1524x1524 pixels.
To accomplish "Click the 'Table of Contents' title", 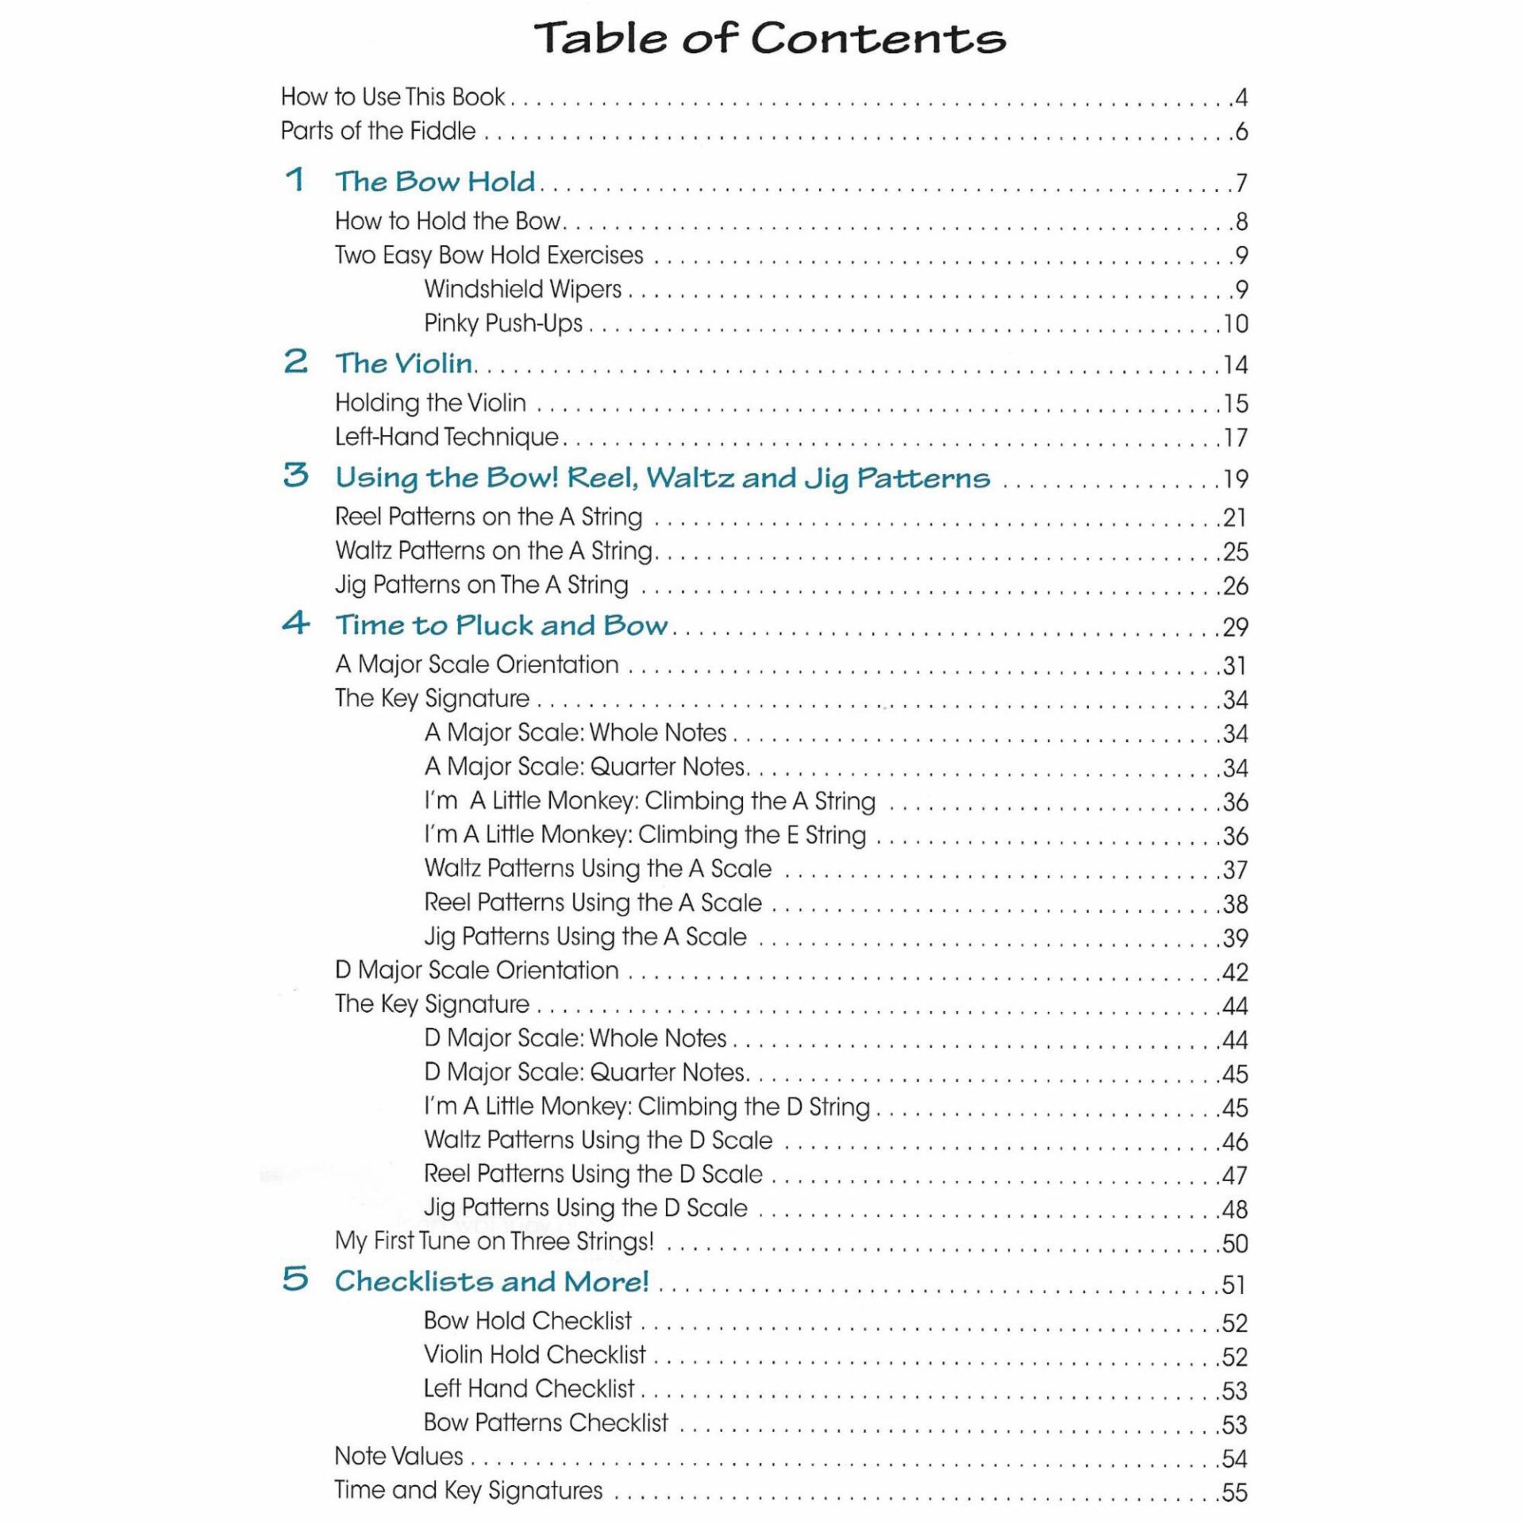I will coord(769,38).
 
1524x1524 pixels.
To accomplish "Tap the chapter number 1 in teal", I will coord(295,179).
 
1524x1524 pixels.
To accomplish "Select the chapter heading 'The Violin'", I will coord(403,364).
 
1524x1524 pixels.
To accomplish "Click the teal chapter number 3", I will coord(295,475).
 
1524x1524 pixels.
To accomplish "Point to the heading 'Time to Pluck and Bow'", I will coord(501,625).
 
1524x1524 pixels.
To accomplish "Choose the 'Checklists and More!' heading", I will coord(491,1280).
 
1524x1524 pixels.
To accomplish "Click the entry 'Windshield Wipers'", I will coord(522,289).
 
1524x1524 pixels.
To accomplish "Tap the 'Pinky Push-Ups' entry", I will coord(503,323).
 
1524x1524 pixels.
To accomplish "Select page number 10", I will coord(1236,324).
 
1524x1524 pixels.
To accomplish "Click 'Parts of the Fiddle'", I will coord(378,131).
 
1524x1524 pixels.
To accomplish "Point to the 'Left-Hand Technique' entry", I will coord(447,437).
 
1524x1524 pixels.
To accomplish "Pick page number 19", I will coord(1235,479).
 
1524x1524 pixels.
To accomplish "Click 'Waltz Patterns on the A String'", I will coord(494,550).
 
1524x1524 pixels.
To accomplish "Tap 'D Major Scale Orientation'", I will coord(476,970).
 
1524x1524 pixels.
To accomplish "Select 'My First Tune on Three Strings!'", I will coord(494,1241).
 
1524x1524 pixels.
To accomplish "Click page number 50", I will coord(1235,1243).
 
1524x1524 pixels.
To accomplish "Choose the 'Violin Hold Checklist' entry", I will coord(534,1354).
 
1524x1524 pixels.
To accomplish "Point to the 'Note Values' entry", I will coord(398,1456).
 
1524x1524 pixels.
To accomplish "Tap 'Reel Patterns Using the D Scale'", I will coord(593,1173).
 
